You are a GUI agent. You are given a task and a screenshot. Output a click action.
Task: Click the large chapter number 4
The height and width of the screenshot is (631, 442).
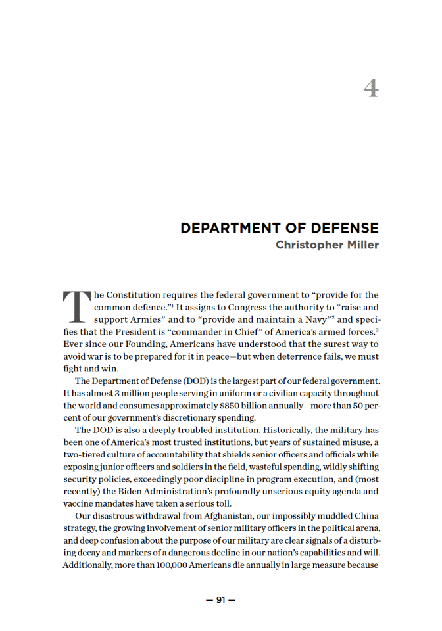tap(371, 88)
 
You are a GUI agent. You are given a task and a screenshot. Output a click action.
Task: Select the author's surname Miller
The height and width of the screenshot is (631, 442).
tap(362, 245)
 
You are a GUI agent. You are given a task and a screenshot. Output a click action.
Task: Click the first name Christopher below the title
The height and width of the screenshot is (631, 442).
tap(308, 245)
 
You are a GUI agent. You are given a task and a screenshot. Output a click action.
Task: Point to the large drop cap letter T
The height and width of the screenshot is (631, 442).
tap(76, 307)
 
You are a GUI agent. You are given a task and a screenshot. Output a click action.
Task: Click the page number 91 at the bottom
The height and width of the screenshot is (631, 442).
tap(221, 599)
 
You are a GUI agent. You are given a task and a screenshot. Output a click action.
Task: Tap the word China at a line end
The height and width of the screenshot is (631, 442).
tap(365, 516)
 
